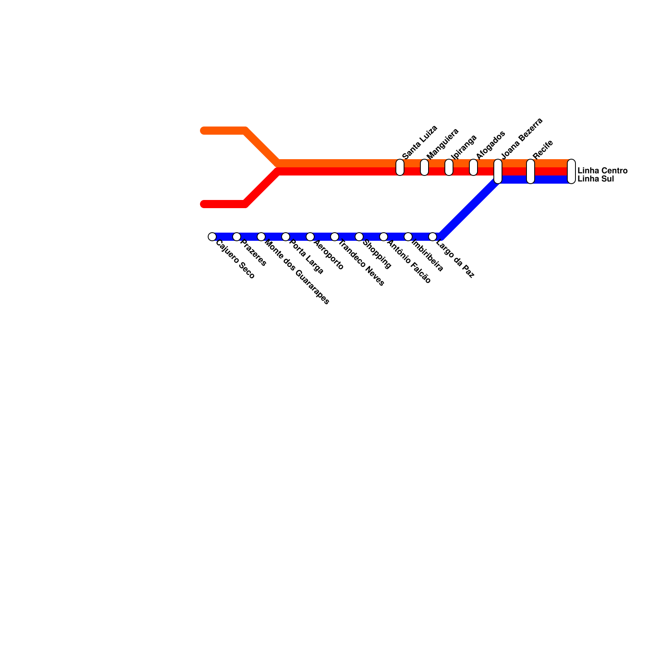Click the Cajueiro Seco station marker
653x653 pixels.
tap(212, 237)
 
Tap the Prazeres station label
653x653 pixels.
tap(253, 253)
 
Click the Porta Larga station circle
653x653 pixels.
tap(286, 237)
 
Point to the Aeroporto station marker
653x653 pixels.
tap(310, 237)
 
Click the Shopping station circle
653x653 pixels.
tap(359, 237)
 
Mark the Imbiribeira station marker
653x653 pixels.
tap(408, 237)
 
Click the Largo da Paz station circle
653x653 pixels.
tap(433, 237)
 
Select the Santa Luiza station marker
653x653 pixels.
tap(400, 167)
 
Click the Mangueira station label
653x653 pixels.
tap(443, 143)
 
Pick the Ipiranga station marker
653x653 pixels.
tap(449, 167)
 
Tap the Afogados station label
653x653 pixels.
tap(491, 145)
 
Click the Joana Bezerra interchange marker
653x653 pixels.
tap(498, 171)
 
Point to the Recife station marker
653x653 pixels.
tap(531, 171)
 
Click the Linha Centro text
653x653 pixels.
tap(602, 171)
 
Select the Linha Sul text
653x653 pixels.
tap(595, 179)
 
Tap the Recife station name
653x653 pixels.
tap(543, 149)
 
